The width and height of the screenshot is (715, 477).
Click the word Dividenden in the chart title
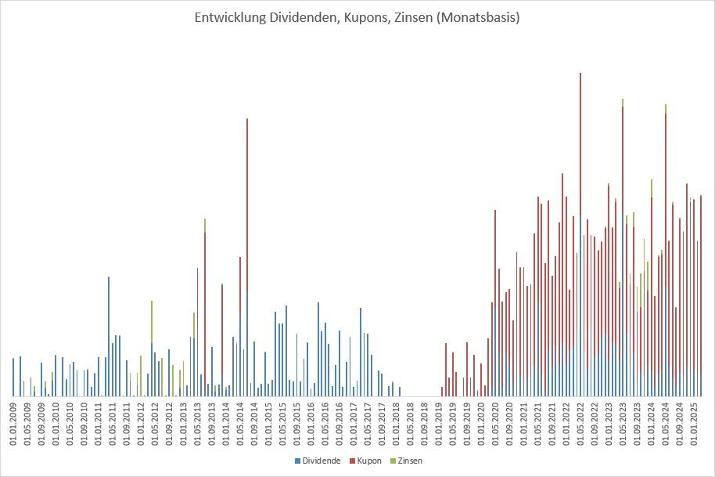282,16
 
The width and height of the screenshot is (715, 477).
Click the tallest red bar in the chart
580,157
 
